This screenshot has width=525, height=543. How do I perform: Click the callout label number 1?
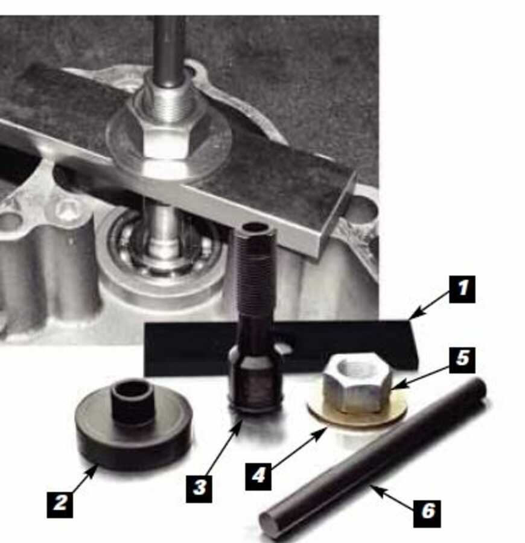pos(462,288)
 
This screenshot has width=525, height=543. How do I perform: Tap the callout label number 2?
pos(60,503)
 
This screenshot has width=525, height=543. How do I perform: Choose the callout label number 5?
pos(462,360)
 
